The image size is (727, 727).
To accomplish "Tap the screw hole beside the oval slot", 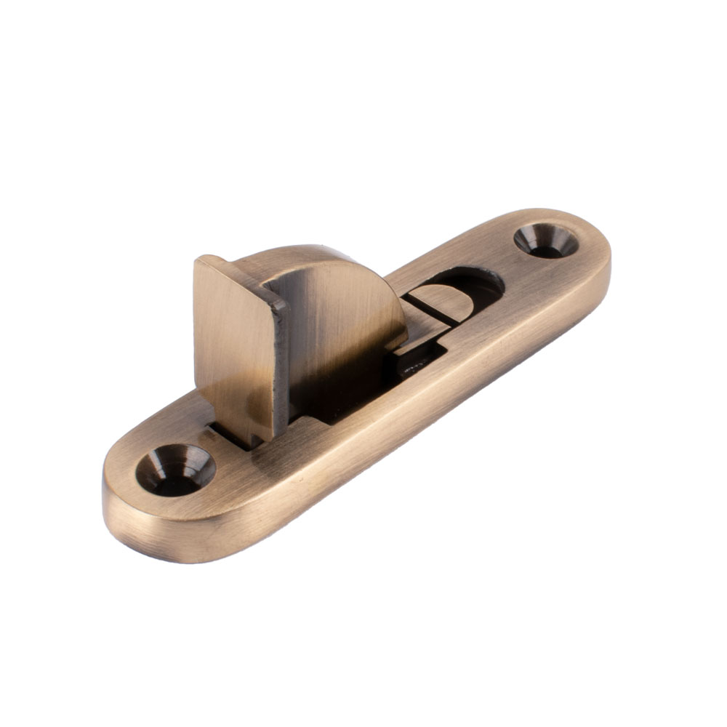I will tap(545, 241).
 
